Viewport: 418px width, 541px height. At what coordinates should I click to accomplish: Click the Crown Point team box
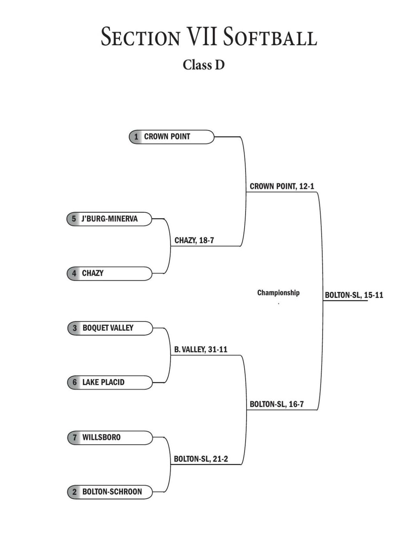click(171, 137)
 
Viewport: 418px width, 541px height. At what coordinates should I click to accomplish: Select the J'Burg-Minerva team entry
click(109, 219)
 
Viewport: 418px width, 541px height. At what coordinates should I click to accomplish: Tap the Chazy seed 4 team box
click(109, 273)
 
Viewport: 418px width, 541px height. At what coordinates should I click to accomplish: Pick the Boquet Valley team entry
click(110, 328)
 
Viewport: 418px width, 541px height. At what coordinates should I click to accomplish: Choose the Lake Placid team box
click(110, 382)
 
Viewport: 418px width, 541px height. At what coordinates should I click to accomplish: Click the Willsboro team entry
click(110, 437)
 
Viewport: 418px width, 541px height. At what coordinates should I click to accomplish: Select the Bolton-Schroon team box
click(110, 492)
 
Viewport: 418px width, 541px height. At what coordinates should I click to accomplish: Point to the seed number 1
click(137, 137)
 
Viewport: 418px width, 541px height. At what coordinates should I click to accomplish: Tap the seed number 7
click(75, 437)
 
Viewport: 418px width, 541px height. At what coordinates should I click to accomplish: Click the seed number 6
click(75, 382)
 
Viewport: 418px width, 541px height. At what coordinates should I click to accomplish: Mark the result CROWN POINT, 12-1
click(282, 186)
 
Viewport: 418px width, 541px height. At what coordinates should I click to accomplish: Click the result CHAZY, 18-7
click(194, 241)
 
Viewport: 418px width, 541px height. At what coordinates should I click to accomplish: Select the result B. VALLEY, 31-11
click(201, 350)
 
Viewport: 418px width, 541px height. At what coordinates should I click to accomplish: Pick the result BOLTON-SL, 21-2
click(201, 459)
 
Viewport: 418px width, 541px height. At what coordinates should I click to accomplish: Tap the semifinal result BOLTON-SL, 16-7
click(277, 404)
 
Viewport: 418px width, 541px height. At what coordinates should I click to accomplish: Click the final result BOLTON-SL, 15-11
click(354, 295)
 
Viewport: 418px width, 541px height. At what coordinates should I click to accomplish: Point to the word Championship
click(278, 293)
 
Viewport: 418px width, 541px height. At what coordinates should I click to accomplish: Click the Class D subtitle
click(204, 65)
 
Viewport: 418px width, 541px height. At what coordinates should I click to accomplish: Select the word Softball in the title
click(270, 37)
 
